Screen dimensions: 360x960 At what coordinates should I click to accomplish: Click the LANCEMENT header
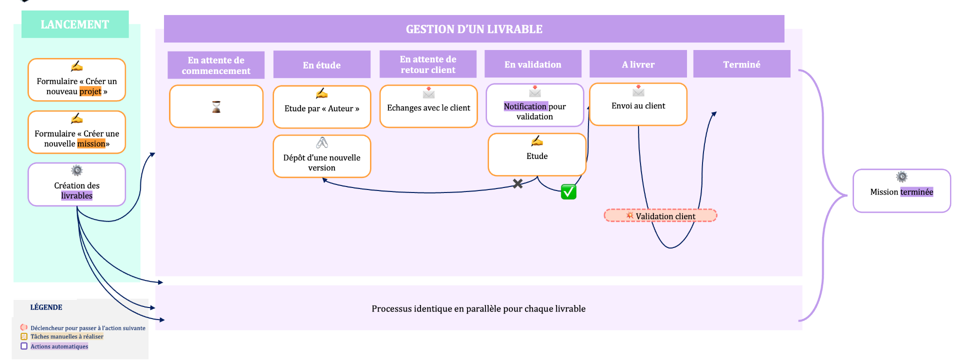(x=75, y=24)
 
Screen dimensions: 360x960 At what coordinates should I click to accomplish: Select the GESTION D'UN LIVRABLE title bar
(x=473, y=29)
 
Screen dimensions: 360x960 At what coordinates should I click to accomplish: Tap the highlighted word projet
(x=90, y=91)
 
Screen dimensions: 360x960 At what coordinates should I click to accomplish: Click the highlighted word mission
(x=91, y=144)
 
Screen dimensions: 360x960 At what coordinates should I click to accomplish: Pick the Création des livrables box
(x=76, y=184)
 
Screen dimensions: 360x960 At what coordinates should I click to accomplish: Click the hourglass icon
(x=216, y=106)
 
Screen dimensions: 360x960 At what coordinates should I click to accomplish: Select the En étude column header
(x=321, y=65)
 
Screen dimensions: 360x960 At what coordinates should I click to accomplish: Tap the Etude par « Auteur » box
(x=321, y=107)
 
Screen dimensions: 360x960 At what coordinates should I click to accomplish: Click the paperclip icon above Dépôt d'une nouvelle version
(x=322, y=143)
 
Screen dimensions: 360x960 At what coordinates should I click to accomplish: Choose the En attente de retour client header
(x=428, y=64)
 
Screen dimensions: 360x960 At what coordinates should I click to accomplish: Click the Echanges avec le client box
(x=428, y=106)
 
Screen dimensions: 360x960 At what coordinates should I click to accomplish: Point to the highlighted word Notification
(x=525, y=106)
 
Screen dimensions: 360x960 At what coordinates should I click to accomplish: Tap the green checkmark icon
(x=568, y=192)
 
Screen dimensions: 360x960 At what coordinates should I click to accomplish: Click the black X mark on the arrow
(x=518, y=183)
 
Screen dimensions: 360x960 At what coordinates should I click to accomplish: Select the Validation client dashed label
(x=660, y=216)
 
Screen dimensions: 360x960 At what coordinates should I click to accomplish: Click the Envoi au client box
(x=638, y=104)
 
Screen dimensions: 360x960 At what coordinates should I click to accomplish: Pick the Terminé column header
(x=741, y=64)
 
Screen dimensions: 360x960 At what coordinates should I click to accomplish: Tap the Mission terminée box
(x=901, y=191)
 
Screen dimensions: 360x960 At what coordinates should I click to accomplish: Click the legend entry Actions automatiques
(x=59, y=346)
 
